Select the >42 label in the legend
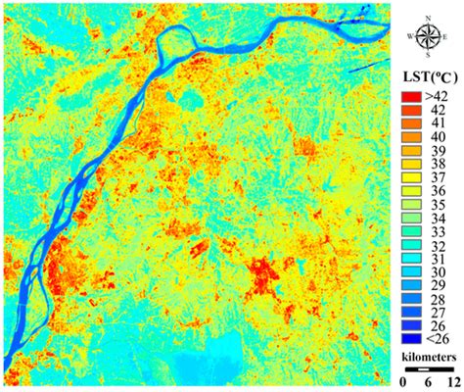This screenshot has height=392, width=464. (x=438, y=97)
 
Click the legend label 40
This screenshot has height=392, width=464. (x=438, y=140)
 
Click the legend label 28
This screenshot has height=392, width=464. (x=438, y=305)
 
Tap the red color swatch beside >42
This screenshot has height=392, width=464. (x=410, y=97)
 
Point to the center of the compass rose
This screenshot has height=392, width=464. (x=427, y=37)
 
